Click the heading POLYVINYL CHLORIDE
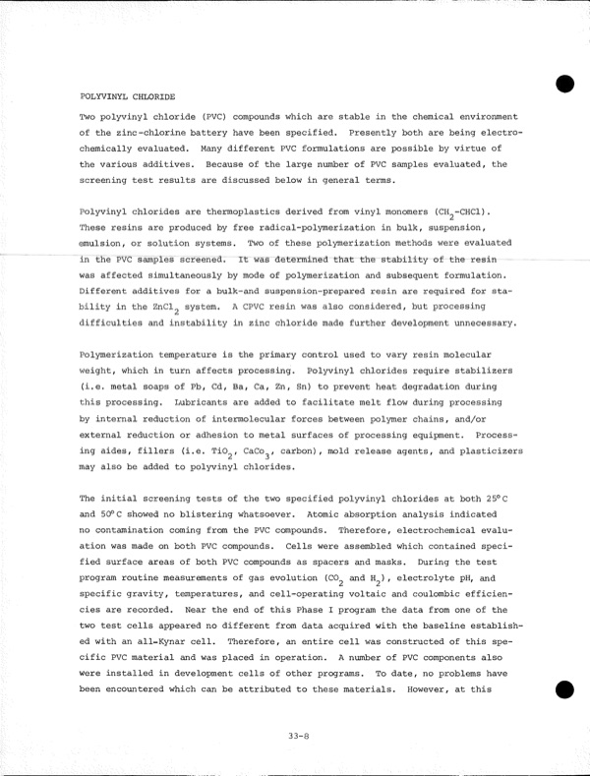tap(127, 97)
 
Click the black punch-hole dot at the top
tap(563, 84)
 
